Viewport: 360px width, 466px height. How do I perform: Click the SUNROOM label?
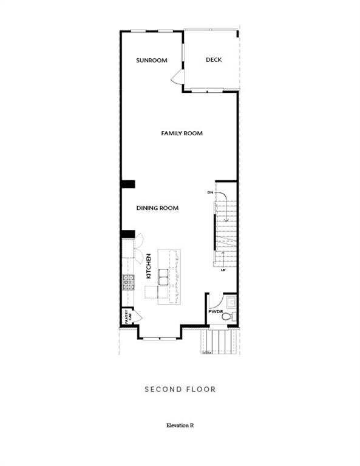click(x=151, y=61)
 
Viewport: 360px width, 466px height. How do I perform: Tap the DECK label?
click(x=213, y=59)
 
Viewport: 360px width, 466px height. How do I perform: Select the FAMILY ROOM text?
click(x=182, y=133)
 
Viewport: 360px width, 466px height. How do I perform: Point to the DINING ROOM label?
click(x=157, y=208)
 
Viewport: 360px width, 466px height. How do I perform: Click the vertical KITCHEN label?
click(x=148, y=266)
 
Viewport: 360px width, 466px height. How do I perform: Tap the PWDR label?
click(x=216, y=311)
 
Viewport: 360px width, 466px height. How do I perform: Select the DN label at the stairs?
click(x=210, y=192)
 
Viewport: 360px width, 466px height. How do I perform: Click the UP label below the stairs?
click(x=223, y=269)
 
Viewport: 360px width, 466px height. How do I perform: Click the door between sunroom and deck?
click(x=177, y=76)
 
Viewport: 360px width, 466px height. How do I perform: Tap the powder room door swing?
click(x=213, y=302)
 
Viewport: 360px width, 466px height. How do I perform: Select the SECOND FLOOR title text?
click(x=180, y=389)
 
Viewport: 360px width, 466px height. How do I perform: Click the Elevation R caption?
click(x=180, y=425)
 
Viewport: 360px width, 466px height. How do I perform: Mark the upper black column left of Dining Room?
click(x=127, y=185)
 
